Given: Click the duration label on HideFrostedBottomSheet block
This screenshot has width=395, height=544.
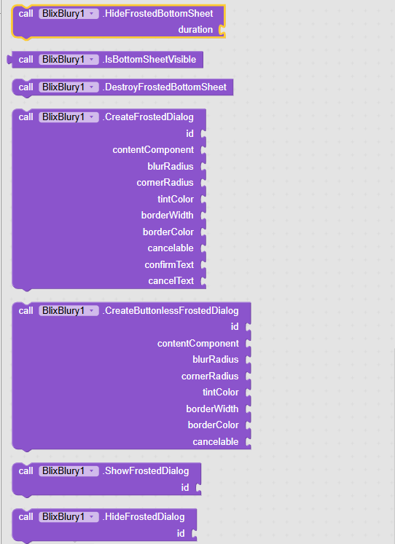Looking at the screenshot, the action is pos(195,29).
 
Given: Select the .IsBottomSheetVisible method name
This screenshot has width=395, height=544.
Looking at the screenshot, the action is pos(149,59).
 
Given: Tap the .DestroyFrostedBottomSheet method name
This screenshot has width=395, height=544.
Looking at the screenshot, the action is pos(165,87).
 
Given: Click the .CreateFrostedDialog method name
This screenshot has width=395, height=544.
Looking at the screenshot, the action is pos(148,117).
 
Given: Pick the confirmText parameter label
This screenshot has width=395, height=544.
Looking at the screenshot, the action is pos(169,264).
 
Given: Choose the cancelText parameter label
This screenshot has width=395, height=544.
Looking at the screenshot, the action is pos(171,280).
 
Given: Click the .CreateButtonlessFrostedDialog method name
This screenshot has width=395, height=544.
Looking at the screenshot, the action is pos(171,310).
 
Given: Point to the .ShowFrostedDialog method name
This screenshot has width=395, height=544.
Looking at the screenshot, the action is pos(146,470).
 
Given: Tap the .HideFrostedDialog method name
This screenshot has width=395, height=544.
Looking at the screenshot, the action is pos(144,517).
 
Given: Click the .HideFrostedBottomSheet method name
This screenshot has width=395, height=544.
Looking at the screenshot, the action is pos(157,14).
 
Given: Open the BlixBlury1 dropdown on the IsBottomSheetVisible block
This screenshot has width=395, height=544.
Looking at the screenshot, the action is pos(92,59).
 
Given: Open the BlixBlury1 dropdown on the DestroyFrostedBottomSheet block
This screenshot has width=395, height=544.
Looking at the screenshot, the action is pos(92,87).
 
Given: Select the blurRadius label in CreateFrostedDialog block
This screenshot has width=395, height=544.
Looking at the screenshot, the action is pos(171,166).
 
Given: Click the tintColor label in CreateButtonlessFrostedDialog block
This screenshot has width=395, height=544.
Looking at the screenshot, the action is pos(220,393).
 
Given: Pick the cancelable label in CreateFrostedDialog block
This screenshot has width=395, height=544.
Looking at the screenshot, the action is pos(171,248).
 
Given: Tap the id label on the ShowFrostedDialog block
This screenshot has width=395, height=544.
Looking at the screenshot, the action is pos(184,487).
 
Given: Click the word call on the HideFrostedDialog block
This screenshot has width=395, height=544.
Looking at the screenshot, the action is pos(26,517).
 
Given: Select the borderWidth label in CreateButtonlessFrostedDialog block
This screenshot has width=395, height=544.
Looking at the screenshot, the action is pos(212,409).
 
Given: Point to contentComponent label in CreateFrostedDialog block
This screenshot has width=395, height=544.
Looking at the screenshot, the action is pos(153,150).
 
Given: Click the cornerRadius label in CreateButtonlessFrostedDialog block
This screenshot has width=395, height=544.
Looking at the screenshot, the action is pos(210,376).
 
